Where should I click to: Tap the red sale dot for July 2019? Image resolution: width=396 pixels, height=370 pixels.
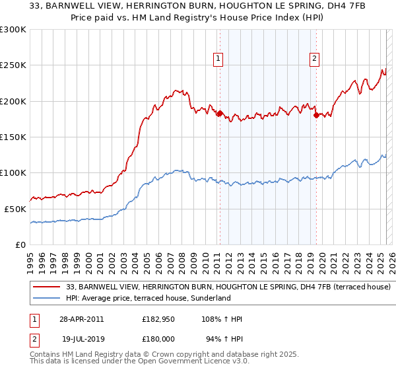pyautogui.click(x=316, y=115)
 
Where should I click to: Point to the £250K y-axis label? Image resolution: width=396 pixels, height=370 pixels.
pyautogui.click(x=13, y=65)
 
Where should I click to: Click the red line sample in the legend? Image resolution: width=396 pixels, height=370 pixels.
pyautogui.click(x=46, y=287)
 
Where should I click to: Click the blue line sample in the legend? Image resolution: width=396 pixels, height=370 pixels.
pyautogui.click(x=46, y=299)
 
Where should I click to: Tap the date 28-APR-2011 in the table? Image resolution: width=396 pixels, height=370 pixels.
pyautogui.click(x=82, y=319)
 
